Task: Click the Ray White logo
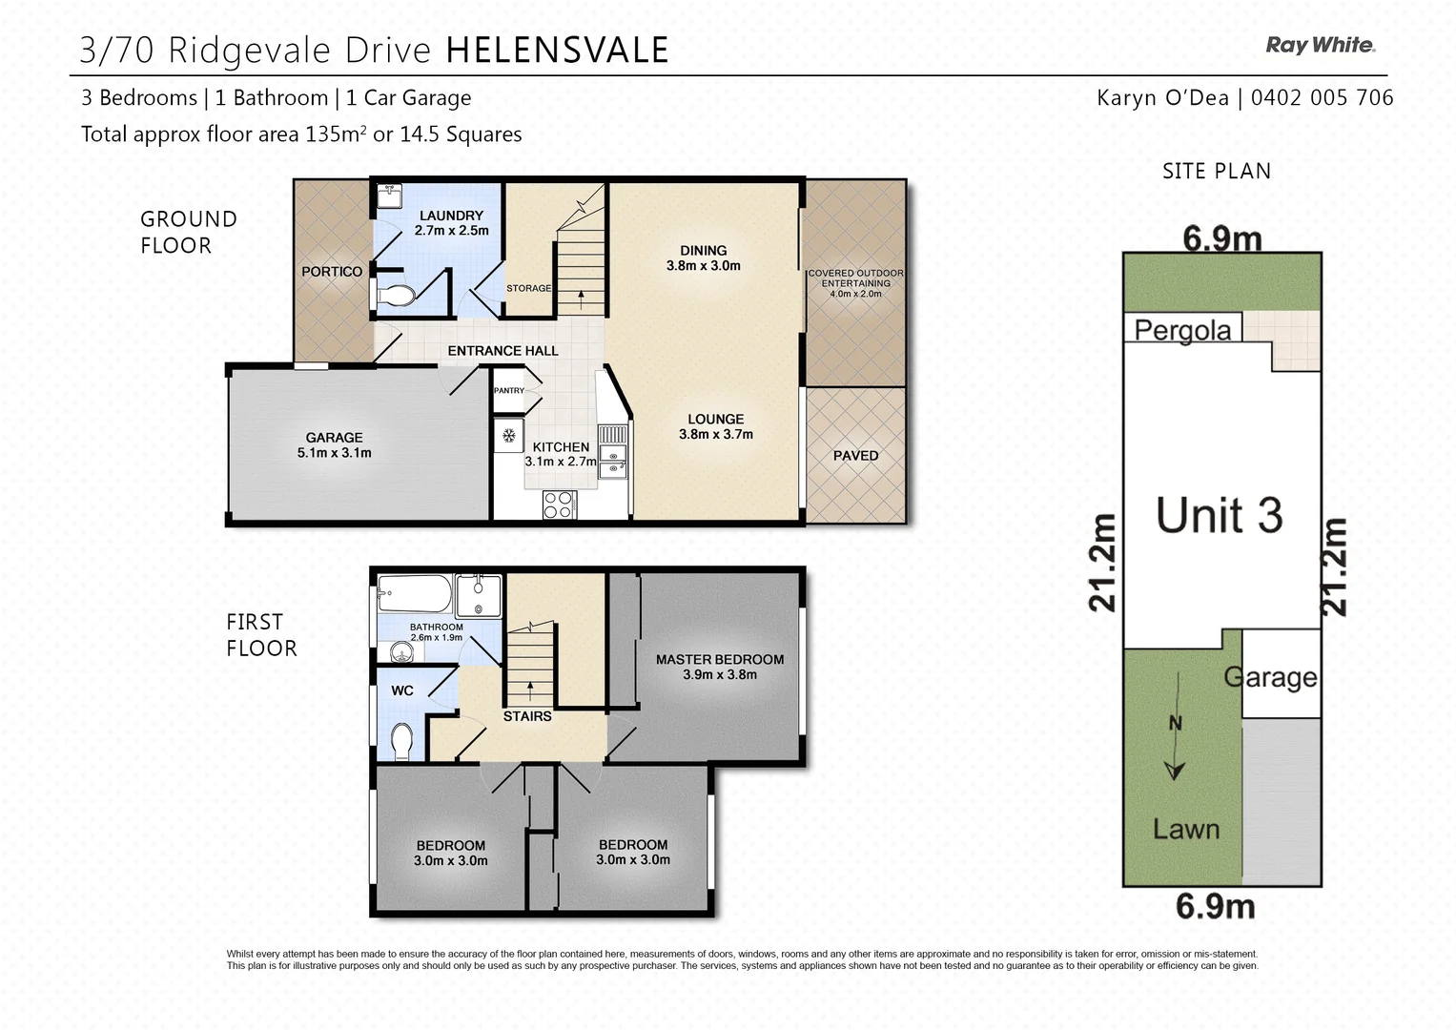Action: (x=1320, y=45)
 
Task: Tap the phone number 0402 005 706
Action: (x=1322, y=97)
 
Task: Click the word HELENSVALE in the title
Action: (x=557, y=51)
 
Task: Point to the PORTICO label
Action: (x=332, y=272)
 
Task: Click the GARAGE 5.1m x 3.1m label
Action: (x=334, y=445)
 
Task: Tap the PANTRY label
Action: (x=509, y=390)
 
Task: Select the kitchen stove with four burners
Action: (x=558, y=504)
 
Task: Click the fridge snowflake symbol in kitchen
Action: (x=509, y=436)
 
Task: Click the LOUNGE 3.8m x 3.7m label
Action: (x=716, y=426)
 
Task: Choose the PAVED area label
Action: (x=855, y=456)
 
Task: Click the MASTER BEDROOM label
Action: (x=720, y=667)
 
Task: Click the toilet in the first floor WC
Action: (x=402, y=740)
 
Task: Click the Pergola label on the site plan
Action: (x=1182, y=331)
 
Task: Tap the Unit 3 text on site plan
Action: (x=1219, y=515)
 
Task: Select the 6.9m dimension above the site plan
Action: (x=1221, y=237)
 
